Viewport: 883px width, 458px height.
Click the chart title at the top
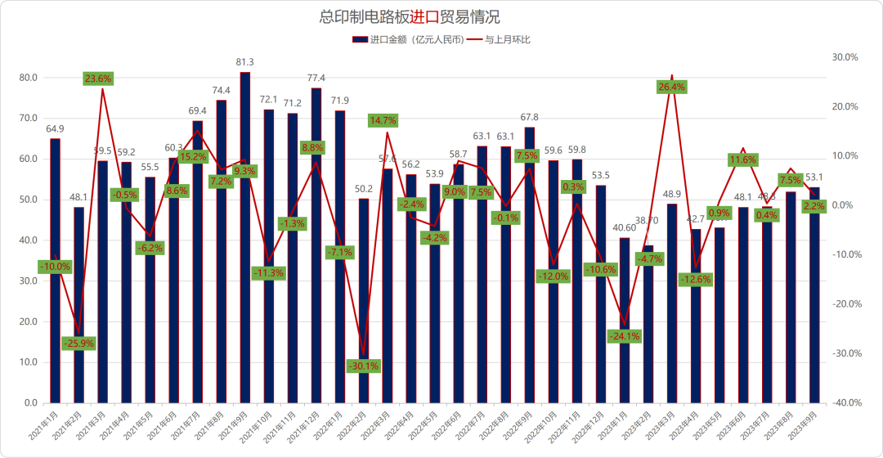tap(410, 17)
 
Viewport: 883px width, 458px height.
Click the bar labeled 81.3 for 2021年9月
tap(244, 237)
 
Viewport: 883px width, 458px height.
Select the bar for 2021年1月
tap(55, 270)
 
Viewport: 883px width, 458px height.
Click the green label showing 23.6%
tap(98, 79)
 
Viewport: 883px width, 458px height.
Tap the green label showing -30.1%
tap(363, 366)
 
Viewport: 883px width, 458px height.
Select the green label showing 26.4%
tap(671, 87)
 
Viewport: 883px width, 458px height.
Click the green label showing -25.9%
tap(78, 343)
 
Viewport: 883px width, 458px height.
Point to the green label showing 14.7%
tap(383, 120)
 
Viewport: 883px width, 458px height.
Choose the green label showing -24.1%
tap(624, 335)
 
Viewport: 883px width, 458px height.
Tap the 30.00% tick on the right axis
tap(845, 57)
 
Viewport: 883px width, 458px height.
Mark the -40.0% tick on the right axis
tap(845, 403)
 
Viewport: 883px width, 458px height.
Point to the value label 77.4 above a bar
tap(316, 78)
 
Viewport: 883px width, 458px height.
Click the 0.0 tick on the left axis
tap(30, 403)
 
